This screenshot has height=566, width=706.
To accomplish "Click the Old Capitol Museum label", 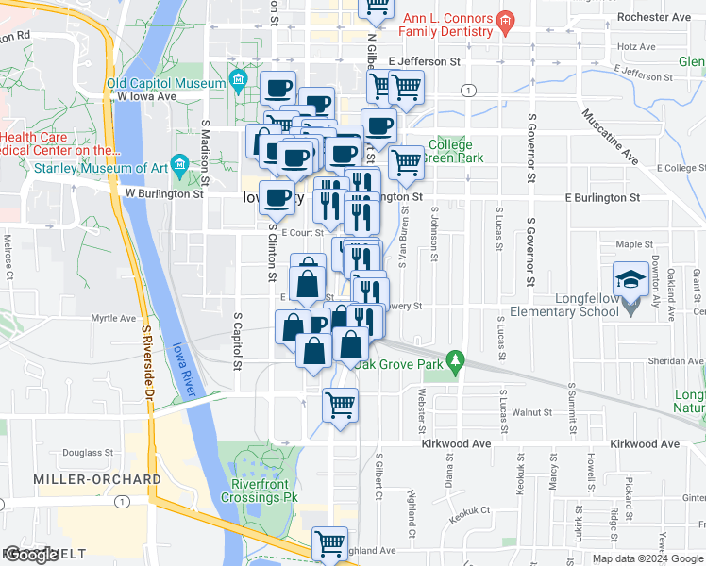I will [166, 83].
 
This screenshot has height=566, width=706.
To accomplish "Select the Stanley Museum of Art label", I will [100, 170].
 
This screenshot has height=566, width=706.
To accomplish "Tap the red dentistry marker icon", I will [505, 20].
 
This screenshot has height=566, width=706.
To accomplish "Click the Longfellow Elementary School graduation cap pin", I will [630, 280].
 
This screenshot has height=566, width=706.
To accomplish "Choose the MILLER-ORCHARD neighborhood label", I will [97, 479].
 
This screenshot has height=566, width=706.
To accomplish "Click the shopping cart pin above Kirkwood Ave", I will [340, 406].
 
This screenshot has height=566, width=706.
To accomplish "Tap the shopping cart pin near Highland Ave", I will [329, 542].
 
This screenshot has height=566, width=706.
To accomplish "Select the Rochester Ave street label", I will [652, 17].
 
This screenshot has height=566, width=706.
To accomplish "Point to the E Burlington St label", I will [602, 198].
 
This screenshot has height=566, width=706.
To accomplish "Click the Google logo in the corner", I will [30, 555].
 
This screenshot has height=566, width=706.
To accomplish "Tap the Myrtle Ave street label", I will [114, 319].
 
